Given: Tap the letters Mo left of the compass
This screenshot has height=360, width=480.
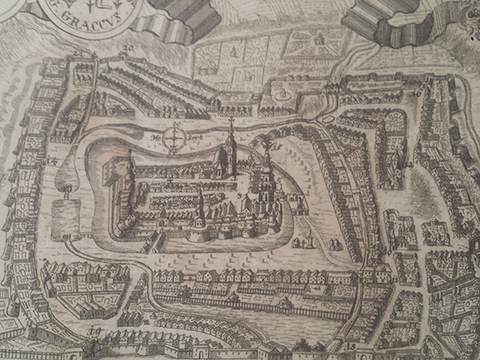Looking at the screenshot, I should pos(159,138).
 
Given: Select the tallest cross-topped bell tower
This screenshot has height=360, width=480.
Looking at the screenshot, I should pos(230,144).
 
